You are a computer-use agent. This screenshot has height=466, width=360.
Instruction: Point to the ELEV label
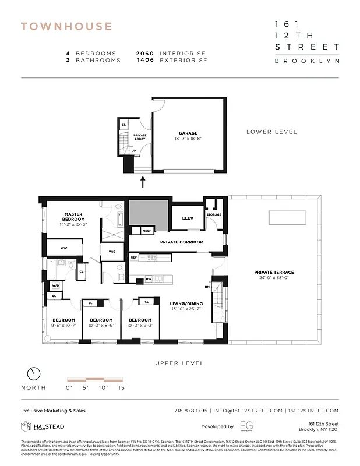click(x=188, y=218)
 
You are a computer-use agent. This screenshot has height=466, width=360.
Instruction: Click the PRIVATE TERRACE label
click(x=274, y=272)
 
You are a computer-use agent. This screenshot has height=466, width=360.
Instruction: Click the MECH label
click(x=147, y=231)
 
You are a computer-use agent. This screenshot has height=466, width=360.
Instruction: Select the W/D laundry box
click(x=56, y=285)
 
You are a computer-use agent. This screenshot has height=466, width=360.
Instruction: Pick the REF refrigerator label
click(x=134, y=257)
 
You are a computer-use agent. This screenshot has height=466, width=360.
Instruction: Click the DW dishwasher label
click(x=149, y=279)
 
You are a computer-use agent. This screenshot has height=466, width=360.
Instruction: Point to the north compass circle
click(x=34, y=373)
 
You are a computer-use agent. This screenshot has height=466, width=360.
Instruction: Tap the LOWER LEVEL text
click(x=271, y=132)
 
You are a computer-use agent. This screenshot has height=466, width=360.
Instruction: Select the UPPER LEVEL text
click(x=179, y=363)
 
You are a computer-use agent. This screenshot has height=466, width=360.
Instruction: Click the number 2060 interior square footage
click(x=146, y=54)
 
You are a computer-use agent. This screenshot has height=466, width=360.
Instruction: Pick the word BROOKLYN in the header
click(x=307, y=60)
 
